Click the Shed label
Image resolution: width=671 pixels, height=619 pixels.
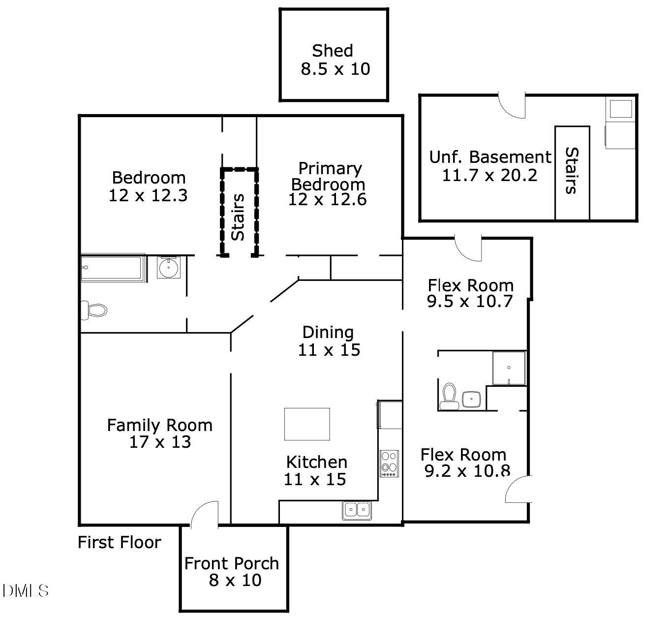(333, 51)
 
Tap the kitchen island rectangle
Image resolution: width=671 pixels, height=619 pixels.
(307, 424)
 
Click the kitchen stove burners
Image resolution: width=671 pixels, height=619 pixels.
(389, 463)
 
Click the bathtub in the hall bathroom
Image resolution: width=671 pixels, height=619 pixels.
(113, 268)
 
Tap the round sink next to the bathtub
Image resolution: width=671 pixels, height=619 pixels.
(169, 268)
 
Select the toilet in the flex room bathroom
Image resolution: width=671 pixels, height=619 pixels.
(449, 396)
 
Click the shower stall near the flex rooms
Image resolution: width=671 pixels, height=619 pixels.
(509, 368)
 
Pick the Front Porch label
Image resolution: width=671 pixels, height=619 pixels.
(232, 563)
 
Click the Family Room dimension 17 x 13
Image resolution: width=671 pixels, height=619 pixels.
(160, 442)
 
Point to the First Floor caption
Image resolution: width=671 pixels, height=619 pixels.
(120, 542)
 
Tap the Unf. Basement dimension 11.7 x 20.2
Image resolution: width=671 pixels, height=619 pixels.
(489, 175)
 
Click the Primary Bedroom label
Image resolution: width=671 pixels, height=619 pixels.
(329, 176)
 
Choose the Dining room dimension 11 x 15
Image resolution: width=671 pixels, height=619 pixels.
(329, 349)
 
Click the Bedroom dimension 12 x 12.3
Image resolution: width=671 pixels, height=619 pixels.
(148, 195)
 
